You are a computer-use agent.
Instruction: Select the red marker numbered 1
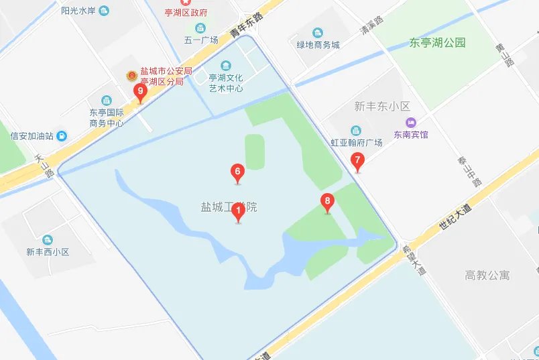coord(238,213)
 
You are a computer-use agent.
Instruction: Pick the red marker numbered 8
coord(327,202)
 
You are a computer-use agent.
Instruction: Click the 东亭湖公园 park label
coord(437,43)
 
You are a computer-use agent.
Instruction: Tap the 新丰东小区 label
coord(381,106)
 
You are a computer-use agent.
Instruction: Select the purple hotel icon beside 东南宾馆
coord(410,122)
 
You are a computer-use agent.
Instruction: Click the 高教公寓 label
coord(487,275)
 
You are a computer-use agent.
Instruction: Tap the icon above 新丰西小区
coord(48,239)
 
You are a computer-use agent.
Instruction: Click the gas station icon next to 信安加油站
coord(62,136)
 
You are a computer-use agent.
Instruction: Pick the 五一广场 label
coord(201,40)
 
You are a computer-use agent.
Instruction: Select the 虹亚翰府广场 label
coord(355,143)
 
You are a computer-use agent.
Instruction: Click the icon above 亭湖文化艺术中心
coord(225,65)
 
